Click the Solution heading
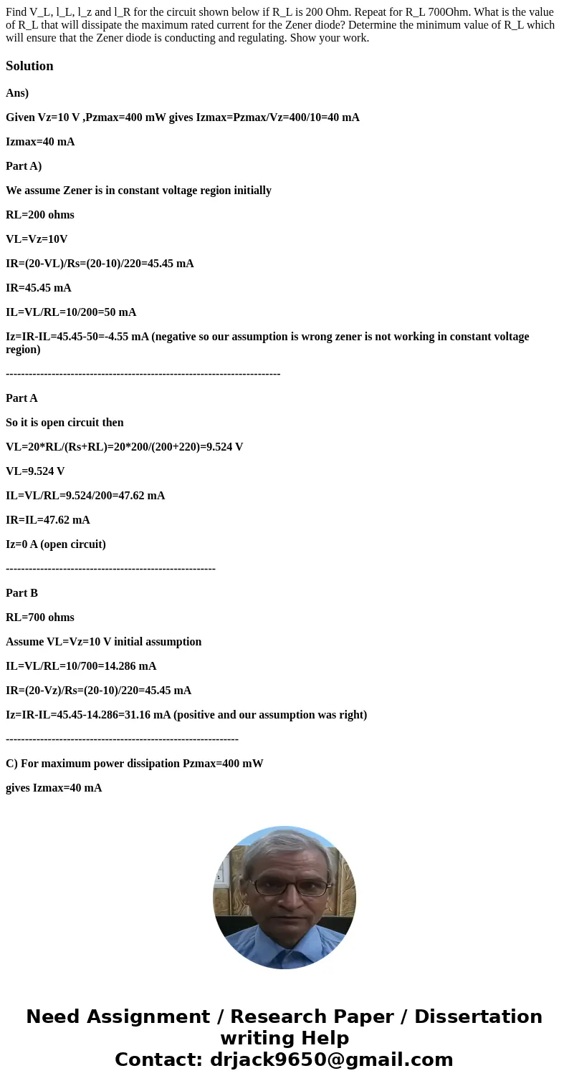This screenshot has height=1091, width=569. [x=29, y=66]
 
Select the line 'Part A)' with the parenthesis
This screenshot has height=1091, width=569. [x=24, y=166]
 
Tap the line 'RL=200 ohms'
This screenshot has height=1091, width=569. [x=40, y=215]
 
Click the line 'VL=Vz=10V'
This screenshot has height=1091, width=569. [x=37, y=239]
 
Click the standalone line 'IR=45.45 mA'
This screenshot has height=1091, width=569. [x=39, y=288]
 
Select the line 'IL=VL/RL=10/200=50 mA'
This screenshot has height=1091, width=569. [x=71, y=312]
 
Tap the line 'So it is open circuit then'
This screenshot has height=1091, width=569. [x=64, y=423]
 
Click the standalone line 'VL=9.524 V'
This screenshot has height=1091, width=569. [x=35, y=471]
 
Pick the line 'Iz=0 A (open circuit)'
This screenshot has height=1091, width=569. [x=56, y=544]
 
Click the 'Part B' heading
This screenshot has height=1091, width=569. [x=21, y=593]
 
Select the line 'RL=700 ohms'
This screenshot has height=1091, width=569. [x=40, y=617]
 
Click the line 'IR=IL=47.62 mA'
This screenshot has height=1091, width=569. [x=48, y=520]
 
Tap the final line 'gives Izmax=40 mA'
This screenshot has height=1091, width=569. [x=54, y=788]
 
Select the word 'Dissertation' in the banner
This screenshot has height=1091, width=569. [x=478, y=1017]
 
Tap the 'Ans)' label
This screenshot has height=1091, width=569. [x=17, y=93]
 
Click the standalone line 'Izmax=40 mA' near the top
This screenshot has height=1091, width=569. [x=40, y=142]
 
